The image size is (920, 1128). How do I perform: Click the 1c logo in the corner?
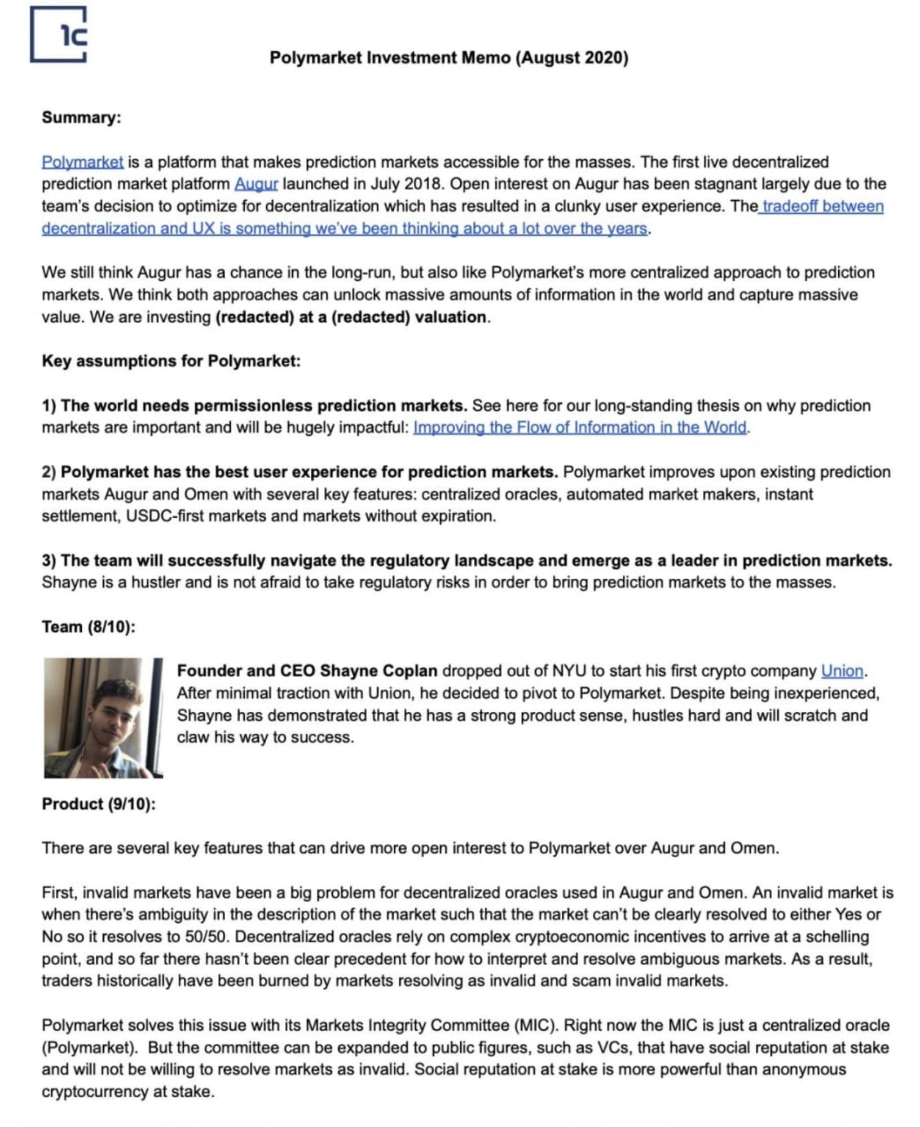tap(59, 34)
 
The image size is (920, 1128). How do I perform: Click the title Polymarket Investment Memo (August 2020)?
tap(448, 58)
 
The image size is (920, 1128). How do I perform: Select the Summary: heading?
tap(81, 117)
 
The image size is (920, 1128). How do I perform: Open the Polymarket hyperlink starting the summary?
tap(82, 162)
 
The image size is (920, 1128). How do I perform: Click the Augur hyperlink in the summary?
tap(256, 184)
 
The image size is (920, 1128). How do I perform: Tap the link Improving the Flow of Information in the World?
tap(580, 428)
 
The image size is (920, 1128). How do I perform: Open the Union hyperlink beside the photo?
tap(842, 671)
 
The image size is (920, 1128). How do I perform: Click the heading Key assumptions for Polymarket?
tap(171, 361)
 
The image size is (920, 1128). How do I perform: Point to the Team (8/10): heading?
tap(89, 627)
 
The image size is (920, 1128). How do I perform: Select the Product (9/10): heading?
tap(99, 804)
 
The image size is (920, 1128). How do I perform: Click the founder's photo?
tap(103, 717)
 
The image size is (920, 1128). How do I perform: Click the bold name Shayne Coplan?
tap(378, 671)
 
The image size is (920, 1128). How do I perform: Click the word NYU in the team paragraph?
tap(569, 671)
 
